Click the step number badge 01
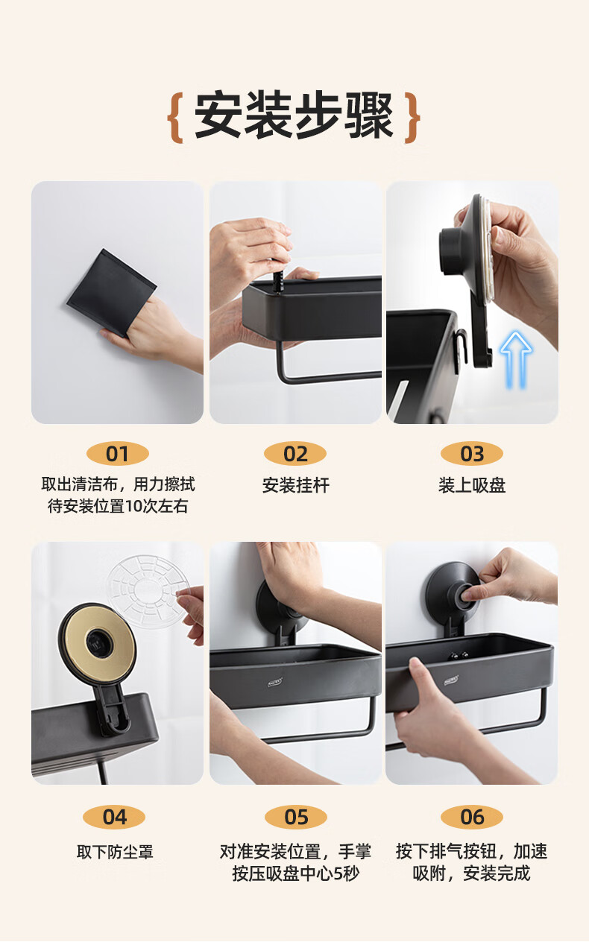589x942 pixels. pos(117,454)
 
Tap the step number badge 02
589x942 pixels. pos(295,454)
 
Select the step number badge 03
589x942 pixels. pos(472,454)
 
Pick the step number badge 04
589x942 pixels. pos(114,817)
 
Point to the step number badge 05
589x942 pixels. pos(296,817)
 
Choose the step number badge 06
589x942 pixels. pos(472,817)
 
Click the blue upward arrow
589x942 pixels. pos(516,360)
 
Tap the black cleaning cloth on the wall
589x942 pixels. pos(112,293)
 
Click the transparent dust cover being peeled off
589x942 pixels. pos(148,591)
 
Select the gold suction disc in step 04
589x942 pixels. pos(97,642)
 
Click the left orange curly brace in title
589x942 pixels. pos(175,117)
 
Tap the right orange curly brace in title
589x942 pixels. pos(412,117)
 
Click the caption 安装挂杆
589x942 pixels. pos(296,485)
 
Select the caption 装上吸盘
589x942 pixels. pos(472,485)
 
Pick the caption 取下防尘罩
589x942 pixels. pos(115,852)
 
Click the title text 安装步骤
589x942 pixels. pos(294,115)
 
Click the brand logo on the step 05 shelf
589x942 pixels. pos(275,682)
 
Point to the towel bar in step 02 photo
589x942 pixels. pos(324,374)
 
